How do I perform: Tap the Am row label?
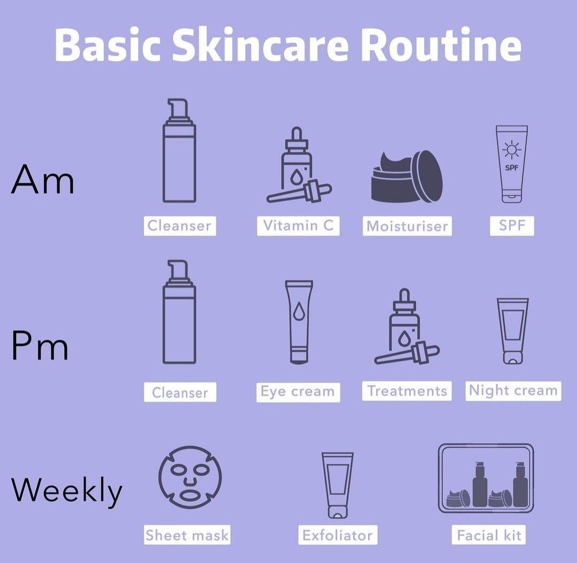(x=43, y=180)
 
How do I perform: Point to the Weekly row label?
(x=67, y=490)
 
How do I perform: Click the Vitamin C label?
(x=298, y=225)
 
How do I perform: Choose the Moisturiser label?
(x=407, y=226)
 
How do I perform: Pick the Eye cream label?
(x=298, y=392)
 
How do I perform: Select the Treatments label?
(x=407, y=391)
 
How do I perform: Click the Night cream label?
(x=513, y=391)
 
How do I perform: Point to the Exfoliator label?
(x=338, y=535)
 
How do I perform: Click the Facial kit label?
(x=488, y=535)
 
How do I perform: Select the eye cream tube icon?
(x=299, y=322)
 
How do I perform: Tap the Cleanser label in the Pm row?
(x=180, y=393)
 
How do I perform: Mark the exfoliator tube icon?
(x=338, y=486)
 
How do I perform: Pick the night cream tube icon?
(x=512, y=331)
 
